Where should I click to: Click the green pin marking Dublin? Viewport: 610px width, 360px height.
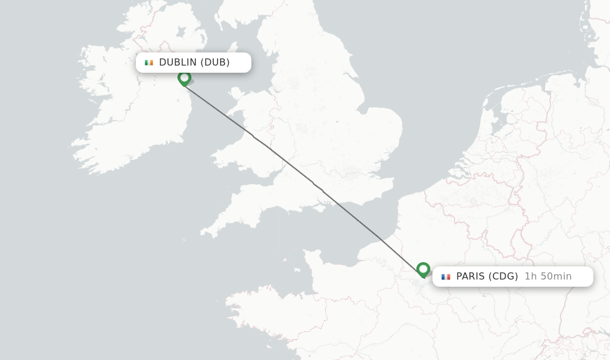tap(184, 78)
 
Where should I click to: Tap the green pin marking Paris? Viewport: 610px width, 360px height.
tap(423, 269)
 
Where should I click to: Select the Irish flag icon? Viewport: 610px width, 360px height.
tap(149, 63)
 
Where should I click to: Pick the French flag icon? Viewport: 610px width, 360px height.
tap(446, 277)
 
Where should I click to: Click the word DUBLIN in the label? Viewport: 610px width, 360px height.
tap(178, 63)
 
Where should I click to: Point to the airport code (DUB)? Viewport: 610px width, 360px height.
tap(215, 63)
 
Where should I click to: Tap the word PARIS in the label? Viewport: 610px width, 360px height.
tap(471, 277)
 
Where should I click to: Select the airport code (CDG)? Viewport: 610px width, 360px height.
tap(503, 277)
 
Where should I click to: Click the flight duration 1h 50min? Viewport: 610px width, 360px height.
tap(548, 277)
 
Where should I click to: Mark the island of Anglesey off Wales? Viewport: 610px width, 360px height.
tap(236, 94)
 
